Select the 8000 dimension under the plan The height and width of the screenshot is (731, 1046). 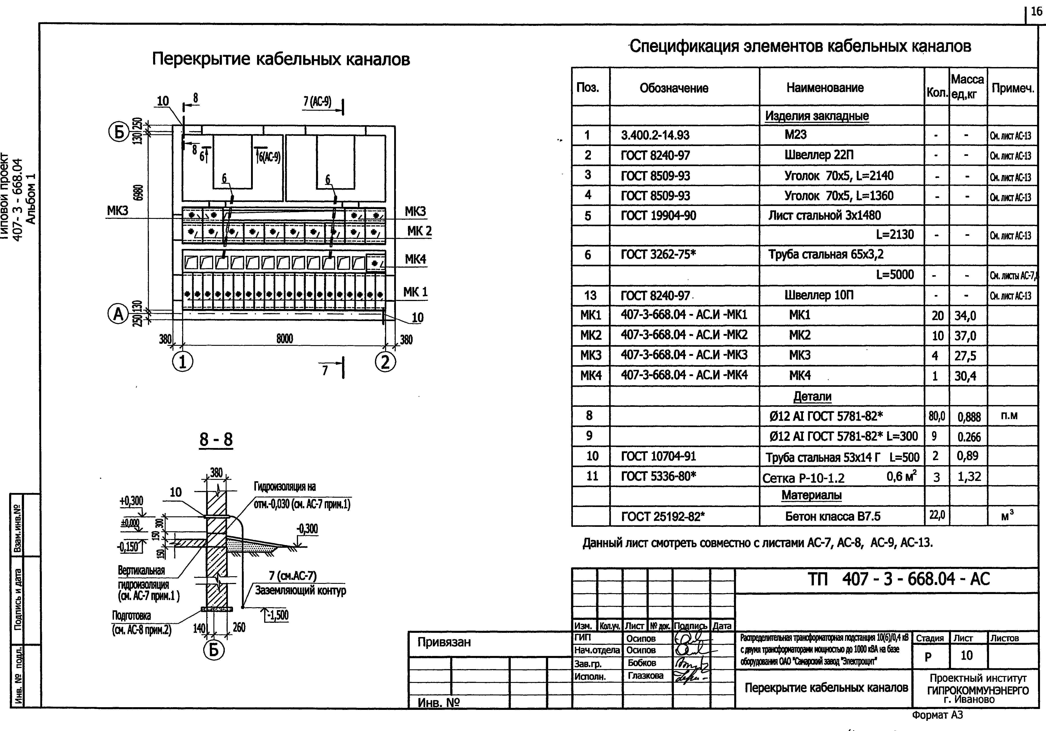285,339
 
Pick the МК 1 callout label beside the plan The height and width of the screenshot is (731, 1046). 415,292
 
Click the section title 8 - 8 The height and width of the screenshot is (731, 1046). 216,439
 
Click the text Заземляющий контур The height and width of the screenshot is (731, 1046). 300,591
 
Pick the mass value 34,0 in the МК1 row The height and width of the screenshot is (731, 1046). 965,315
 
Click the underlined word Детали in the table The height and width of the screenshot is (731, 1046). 812,397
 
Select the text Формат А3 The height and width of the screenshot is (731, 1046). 938,715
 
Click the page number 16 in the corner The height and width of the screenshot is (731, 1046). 1036,11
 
